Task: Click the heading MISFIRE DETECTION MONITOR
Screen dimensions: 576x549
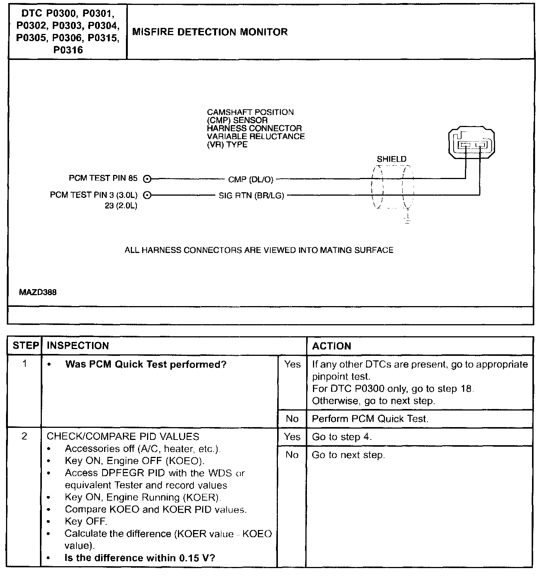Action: [210, 32]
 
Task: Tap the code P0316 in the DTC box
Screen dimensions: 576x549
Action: [68, 50]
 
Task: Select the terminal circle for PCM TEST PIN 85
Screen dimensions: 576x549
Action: [147, 179]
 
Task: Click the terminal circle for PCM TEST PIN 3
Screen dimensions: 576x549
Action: [147, 195]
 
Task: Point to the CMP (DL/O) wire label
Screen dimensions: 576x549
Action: [250, 179]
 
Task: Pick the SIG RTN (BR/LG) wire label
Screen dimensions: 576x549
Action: [251, 196]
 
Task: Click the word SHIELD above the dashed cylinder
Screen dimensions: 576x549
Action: [391, 159]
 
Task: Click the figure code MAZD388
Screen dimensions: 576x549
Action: [38, 292]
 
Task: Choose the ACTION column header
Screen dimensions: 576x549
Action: [331, 346]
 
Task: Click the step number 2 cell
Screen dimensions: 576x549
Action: [24, 437]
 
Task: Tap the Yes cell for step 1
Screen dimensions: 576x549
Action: [292, 365]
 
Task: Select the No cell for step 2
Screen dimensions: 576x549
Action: [292, 455]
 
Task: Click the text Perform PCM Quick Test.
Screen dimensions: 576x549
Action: [370, 419]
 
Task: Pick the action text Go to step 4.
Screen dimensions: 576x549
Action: [342, 437]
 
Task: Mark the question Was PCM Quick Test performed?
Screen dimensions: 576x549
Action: [146, 365]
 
